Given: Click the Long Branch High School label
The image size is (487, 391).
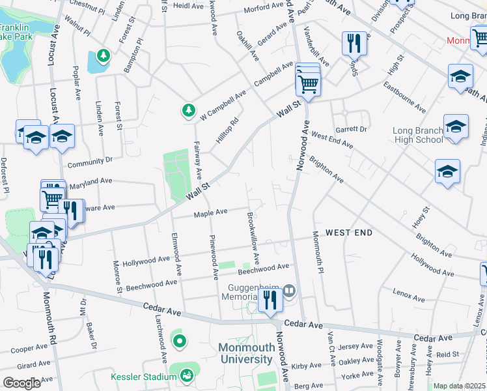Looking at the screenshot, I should (x=419, y=135).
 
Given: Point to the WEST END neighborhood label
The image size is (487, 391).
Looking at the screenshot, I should (x=349, y=233).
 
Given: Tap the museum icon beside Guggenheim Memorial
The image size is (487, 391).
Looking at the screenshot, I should (x=290, y=289).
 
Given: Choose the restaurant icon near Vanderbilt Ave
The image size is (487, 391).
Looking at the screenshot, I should (x=354, y=43).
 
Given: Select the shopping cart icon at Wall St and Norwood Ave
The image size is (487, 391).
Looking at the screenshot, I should (x=307, y=82).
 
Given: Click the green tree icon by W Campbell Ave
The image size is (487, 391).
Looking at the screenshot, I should (x=189, y=110).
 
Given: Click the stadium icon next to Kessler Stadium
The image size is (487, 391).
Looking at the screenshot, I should (x=187, y=375).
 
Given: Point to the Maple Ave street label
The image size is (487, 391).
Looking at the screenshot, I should (x=211, y=212).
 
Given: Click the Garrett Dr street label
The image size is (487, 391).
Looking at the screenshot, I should (x=354, y=130).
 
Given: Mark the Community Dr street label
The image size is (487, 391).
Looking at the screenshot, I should (x=90, y=160).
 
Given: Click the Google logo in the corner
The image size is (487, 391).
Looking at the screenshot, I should (x=22, y=383).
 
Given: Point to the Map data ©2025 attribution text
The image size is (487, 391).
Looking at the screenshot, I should (x=458, y=386).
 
